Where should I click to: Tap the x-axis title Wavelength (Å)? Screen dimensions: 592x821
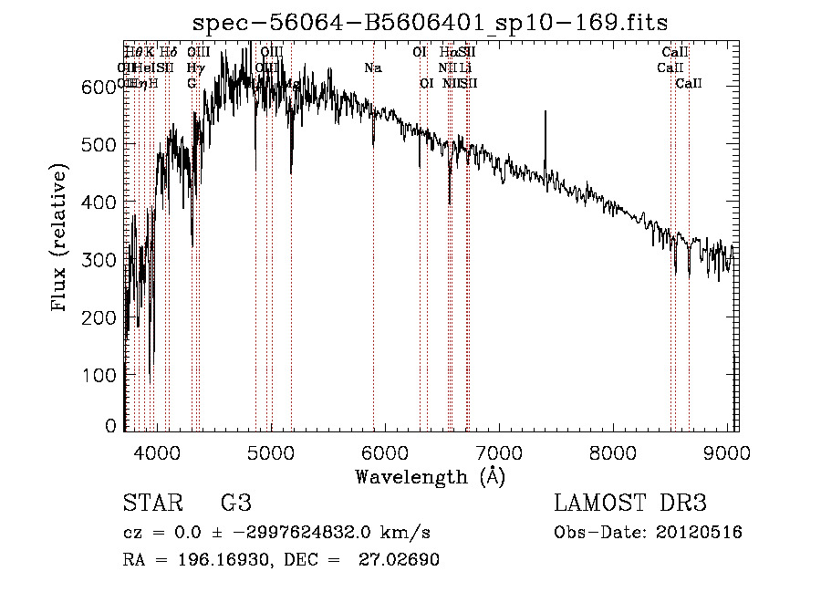pyautogui.click(x=430, y=476)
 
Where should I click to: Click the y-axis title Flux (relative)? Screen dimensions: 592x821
pyautogui.click(x=61, y=240)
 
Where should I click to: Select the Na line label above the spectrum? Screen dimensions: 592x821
pyautogui.click(x=372, y=68)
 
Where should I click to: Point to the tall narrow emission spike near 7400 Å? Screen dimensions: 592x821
pyautogui.click(x=545, y=137)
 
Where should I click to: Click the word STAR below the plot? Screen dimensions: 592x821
pyautogui.click(x=151, y=504)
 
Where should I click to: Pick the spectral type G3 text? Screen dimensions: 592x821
pyautogui.click(x=236, y=504)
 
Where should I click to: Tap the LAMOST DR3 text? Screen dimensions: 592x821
pyautogui.click(x=630, y=504)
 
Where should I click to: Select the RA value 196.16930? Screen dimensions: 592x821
pyautogui.click(x=215, y=560)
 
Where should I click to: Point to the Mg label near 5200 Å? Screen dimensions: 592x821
pyautogui.click(x=292, y=84)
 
